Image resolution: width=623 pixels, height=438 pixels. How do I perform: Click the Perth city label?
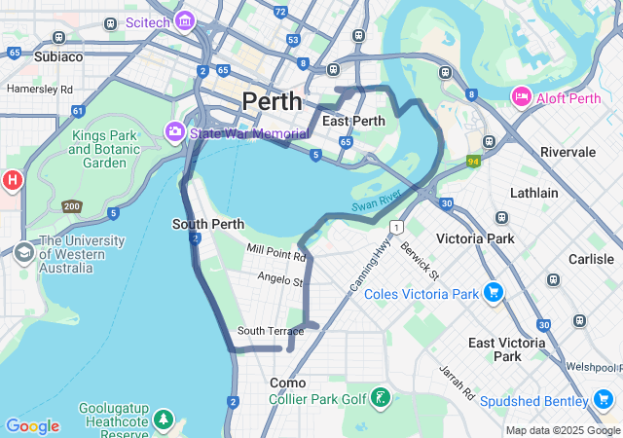[273, 100]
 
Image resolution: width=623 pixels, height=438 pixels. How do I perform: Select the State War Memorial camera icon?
[175, 131]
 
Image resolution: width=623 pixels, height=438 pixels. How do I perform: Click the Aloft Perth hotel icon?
[521, 96]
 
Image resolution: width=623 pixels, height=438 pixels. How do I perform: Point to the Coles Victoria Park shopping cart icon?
[494, 292]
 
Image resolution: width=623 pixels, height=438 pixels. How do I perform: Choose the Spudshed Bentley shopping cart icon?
[603, 401]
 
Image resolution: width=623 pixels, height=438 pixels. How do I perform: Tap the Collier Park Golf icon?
[382, 398]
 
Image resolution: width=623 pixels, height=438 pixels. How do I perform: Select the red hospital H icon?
[12, 180]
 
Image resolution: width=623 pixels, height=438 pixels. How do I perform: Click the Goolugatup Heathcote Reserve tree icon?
[165, 420]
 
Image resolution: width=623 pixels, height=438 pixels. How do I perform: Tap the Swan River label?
[376, 201]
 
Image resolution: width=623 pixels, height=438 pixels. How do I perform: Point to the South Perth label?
[207, 224]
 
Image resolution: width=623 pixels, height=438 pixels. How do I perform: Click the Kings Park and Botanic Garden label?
[104, 150]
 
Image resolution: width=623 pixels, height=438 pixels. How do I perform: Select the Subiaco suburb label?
[59, 56]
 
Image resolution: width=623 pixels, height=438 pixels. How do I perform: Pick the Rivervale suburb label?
[568, 152]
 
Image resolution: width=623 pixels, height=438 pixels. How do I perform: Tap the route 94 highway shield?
[473, 162]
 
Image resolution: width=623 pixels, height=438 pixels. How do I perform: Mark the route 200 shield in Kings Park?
[71, 206]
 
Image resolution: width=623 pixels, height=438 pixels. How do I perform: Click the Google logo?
[32, 426]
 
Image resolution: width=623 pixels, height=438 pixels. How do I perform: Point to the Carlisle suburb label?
[591, 259]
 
